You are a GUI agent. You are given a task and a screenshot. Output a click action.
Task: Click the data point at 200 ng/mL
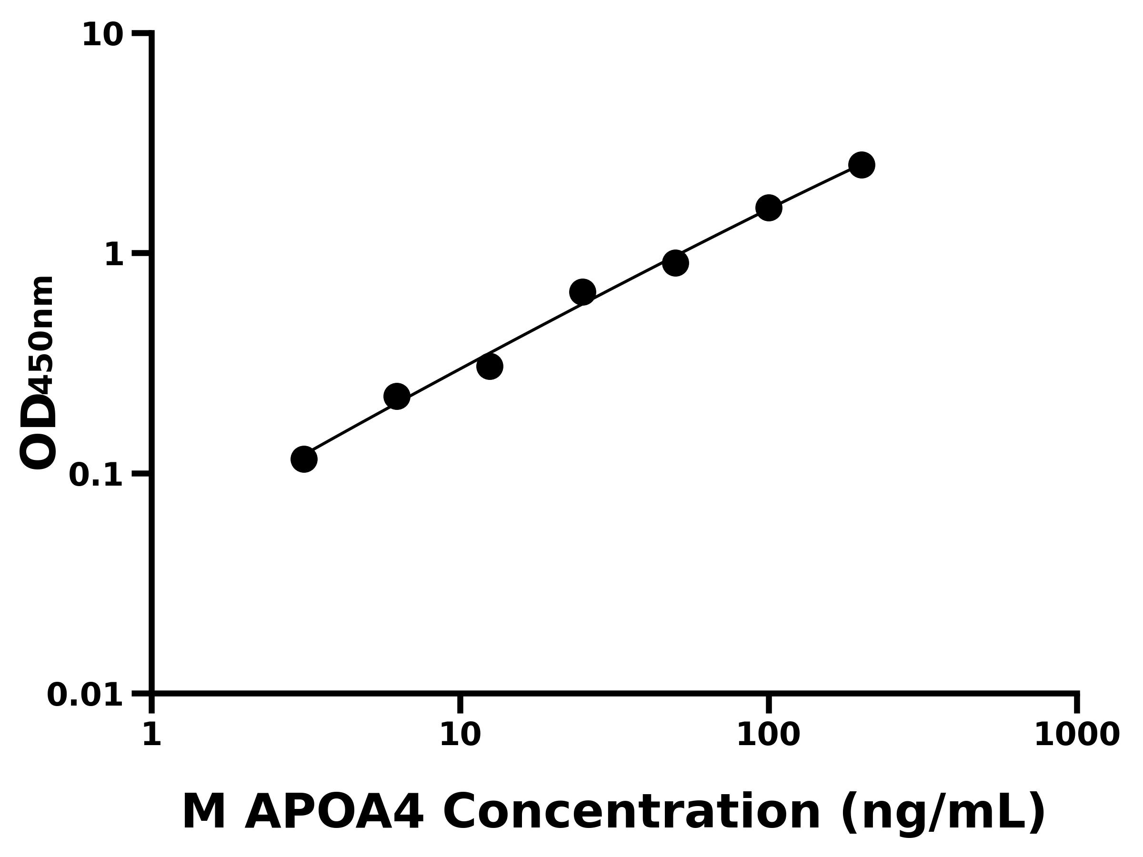point(862,165)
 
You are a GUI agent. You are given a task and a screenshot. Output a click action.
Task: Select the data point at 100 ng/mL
point(768,208)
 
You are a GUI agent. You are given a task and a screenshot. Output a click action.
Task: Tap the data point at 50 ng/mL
point(675,263)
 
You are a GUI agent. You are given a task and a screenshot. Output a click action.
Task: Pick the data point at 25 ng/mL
point(582,292)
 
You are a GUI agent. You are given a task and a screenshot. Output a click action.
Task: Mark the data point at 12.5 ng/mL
point(489,366)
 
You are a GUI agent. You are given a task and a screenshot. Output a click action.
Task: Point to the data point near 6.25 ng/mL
point(396,396)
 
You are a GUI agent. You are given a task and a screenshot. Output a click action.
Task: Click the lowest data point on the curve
point(304,458)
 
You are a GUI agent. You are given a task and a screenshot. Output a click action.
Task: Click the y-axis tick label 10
point(103,36)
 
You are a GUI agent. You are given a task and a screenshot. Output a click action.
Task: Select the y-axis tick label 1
point(114,255)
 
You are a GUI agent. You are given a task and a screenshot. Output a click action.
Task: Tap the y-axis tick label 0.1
point(96,475)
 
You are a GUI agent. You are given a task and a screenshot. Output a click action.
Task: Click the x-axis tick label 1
point(152,735)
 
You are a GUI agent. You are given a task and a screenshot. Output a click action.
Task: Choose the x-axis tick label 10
point(460,735)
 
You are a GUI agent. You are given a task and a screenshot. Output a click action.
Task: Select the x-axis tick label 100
point(768,735)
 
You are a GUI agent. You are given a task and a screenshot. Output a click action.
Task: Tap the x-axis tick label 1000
point(1076,735)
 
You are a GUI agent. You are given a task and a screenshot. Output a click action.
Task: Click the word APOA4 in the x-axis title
point(334,813)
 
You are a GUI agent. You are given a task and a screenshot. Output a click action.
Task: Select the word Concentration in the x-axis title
point(632,813)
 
